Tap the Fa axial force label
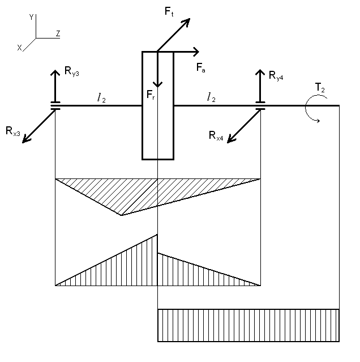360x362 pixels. pyautogui.click(x=201, y=67)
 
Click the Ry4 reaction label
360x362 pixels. pyautogui.click(x=276, y=74)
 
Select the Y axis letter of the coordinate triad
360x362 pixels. pyautogui.click(x=31, y=18)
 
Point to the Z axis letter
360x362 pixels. pyautogui.click(x=58, y=34)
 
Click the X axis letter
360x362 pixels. pyautogui.click(x=19, y=49)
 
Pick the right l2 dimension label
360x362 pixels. pyautogui.click(x=211, y=99)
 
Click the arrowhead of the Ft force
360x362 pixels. pyautogui.click(x=186, y=22)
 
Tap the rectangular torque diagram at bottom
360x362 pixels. pyautogui.click(x=248, y=325)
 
